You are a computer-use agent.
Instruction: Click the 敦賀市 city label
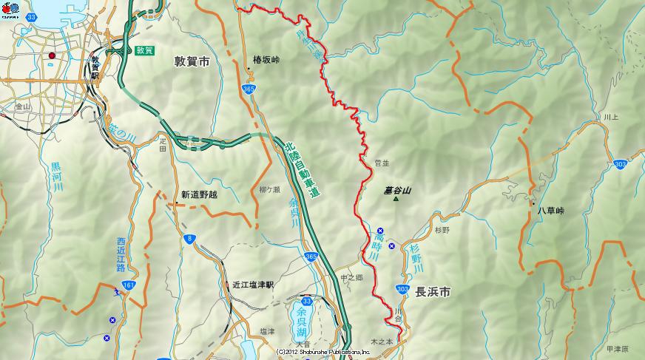coord(192,62)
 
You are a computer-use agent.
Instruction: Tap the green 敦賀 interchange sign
coord(145,50)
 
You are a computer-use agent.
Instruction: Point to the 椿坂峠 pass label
coord(266,59)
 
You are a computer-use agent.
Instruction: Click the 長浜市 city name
coord(433,292)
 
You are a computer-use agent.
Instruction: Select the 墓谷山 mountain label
coord(397,190)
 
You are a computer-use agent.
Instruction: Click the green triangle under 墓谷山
coord(396,199)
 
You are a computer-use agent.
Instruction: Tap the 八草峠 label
coord(550,211)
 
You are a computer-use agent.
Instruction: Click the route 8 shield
coord(190,237)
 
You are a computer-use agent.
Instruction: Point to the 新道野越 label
coord(199,195)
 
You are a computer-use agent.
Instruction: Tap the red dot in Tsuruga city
coord(52,55)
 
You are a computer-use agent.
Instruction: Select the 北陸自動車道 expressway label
coord(303,171)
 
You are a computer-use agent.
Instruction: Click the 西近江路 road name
coord(121,254)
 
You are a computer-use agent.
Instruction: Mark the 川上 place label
coord(610,117)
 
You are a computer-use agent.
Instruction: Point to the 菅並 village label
coord(382,163)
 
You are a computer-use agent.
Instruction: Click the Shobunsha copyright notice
coord(323,353)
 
